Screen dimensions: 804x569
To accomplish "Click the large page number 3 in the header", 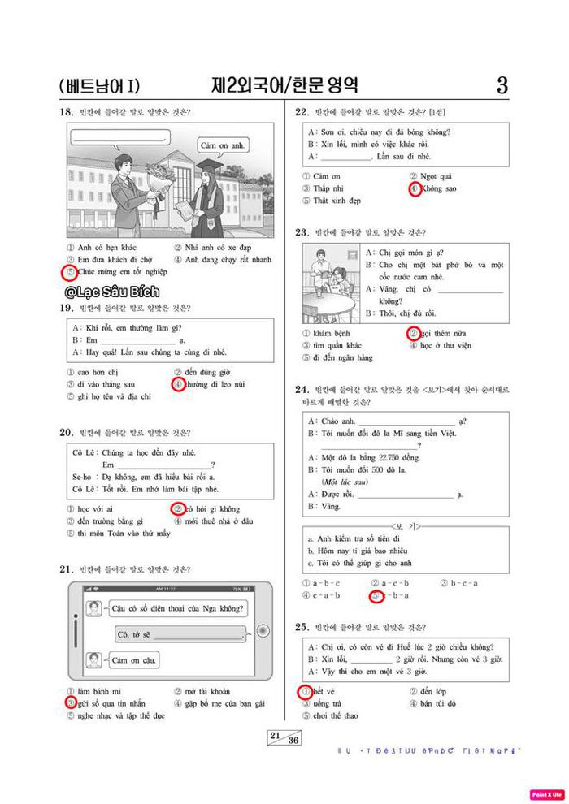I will (x=502, y=84).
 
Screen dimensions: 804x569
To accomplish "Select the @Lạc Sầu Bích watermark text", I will (x=113, y=291).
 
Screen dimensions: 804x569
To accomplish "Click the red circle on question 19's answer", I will (x=178, y=384).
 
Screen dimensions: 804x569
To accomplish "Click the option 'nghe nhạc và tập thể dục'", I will (x=115, y=715).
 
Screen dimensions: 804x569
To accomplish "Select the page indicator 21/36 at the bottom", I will (x=284, y=738).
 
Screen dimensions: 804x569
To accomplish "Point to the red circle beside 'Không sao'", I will (x=414, y=188).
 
